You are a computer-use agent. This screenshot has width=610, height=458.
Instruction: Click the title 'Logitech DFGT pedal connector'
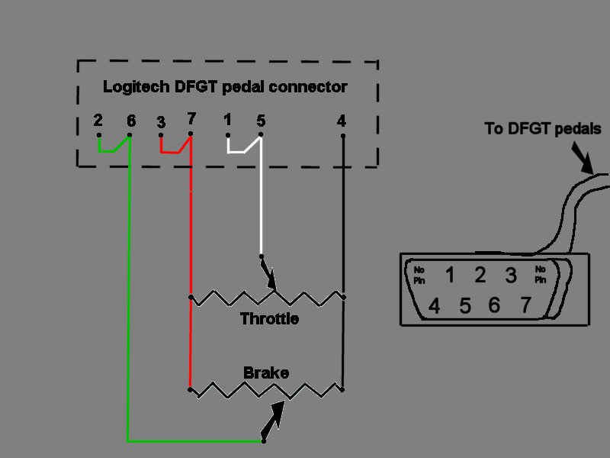click(225, 87)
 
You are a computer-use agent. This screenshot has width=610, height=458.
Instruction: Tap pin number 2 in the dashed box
click(98, 121)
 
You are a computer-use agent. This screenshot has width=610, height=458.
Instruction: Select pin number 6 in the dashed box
click(131, 121)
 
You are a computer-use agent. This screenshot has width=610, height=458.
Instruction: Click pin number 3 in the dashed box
click(161, 121)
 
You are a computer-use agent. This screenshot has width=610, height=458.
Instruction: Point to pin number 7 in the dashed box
click(191, 119)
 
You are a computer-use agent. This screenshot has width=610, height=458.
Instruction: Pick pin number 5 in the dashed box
click(261, 120)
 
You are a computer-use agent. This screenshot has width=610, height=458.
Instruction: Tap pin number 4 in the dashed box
click(342, 121)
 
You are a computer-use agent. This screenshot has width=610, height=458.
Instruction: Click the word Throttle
click(269, 319)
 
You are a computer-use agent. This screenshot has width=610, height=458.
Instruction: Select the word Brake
click(266, 373)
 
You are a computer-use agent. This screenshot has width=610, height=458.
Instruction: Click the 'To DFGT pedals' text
click(543, 128)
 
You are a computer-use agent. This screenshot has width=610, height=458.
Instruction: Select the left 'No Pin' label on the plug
click(419, 275)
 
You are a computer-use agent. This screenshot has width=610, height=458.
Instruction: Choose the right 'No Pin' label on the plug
click(541, 275)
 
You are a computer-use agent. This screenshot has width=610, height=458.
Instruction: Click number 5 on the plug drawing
click(465, 306)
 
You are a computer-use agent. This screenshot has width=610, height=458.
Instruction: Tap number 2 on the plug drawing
click(480, 275)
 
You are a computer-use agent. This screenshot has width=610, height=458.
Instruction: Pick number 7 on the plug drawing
click(525, 305)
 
